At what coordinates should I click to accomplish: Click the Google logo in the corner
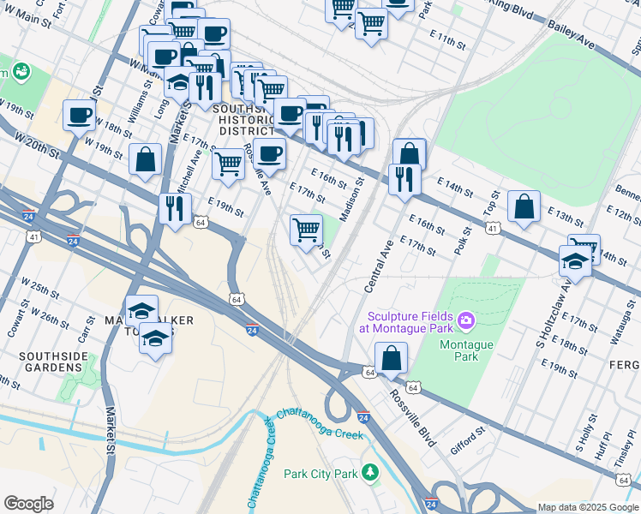click(x=28, y=504)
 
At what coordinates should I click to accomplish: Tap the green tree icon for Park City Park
click(x=369, y=472)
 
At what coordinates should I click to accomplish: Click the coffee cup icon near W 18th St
click(x=79, y=115)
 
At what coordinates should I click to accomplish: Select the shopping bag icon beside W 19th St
click(x=146, y=158)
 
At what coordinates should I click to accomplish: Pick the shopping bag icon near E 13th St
click(x=524, y=206)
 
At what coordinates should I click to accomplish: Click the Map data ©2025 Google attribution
click(x=588, y=507)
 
